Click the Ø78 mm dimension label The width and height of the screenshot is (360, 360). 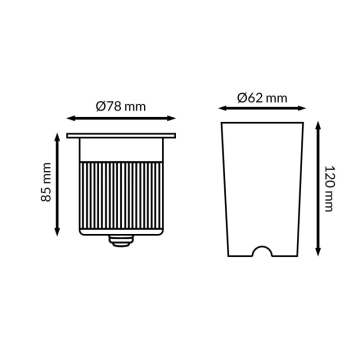point(120,106)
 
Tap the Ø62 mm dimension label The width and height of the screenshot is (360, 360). point(262,97)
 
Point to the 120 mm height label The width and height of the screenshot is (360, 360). point(328,188)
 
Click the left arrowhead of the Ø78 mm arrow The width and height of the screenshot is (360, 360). point(70,118)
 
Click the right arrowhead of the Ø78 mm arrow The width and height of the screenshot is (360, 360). point(173,118)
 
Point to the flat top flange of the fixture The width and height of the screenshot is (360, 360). point(121,135)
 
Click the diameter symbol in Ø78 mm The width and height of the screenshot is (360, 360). point(100,106)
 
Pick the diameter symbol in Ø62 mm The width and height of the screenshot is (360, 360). point(242,97)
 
